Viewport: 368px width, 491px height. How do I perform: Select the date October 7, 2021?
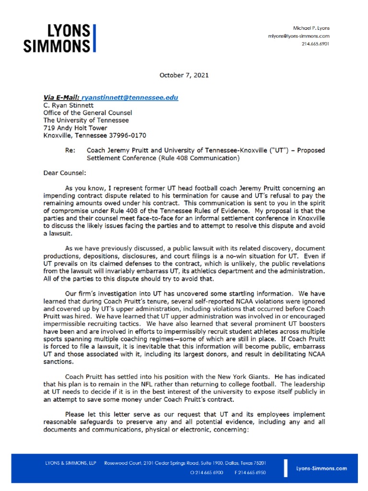(184, 75)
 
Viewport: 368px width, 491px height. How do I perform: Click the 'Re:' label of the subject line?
(70, 150)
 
